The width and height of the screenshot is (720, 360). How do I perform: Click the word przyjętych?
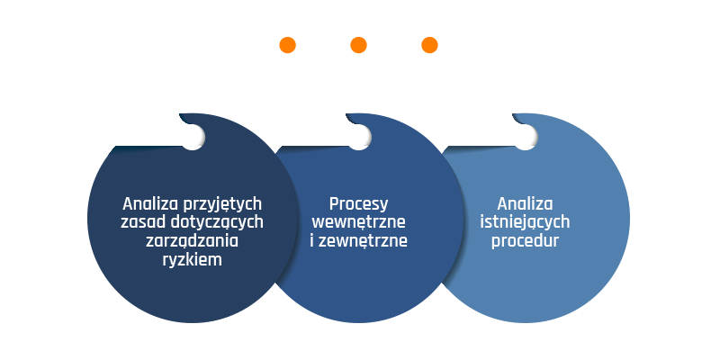(x=222, y=205)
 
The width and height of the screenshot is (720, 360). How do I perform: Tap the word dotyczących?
(x=217, y=222)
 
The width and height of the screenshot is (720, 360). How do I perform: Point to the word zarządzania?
(x=192, y=241)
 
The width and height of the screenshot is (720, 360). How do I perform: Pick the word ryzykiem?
(x=192, y=260)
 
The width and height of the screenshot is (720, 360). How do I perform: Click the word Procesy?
(x=358, y=205)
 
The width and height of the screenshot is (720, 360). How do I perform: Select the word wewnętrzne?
(x=358, y=222)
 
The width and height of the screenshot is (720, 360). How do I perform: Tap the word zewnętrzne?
(x=363, y=241)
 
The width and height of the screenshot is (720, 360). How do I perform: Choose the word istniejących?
(x=525, y=222)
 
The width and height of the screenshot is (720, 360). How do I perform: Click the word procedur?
(x=525, y=241)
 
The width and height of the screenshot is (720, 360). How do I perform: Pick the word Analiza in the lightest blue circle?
(x=525, y=203)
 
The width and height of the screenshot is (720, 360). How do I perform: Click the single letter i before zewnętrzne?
(x=311, y=240)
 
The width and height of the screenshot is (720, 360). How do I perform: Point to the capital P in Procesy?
(x=334, y=204)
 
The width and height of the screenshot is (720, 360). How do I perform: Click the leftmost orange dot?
(x=287, y=45)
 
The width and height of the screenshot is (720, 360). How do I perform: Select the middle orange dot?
(x=358, y=45)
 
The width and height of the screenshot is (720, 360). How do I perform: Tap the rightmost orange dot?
(x=429, y=45)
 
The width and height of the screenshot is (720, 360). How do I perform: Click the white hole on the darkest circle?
(x=193, y=137)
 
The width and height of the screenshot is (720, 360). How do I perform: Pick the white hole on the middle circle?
(x=359, y=137)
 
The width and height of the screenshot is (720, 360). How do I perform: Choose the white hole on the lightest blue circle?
(x=526, y=137)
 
